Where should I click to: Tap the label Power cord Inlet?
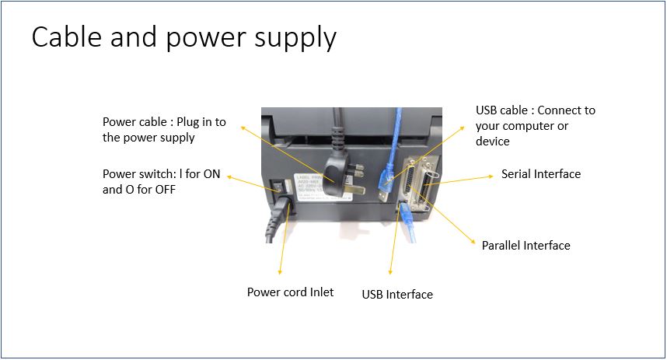tap(290, 292)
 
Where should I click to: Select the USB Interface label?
tap(397, 295)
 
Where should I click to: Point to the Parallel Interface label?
tap(526, 246)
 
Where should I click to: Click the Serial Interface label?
tap(540, 174)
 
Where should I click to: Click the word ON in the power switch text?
tap(212, 175)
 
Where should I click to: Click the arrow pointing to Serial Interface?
tap(466, 177)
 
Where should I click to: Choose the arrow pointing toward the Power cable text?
tap(288, 152)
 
